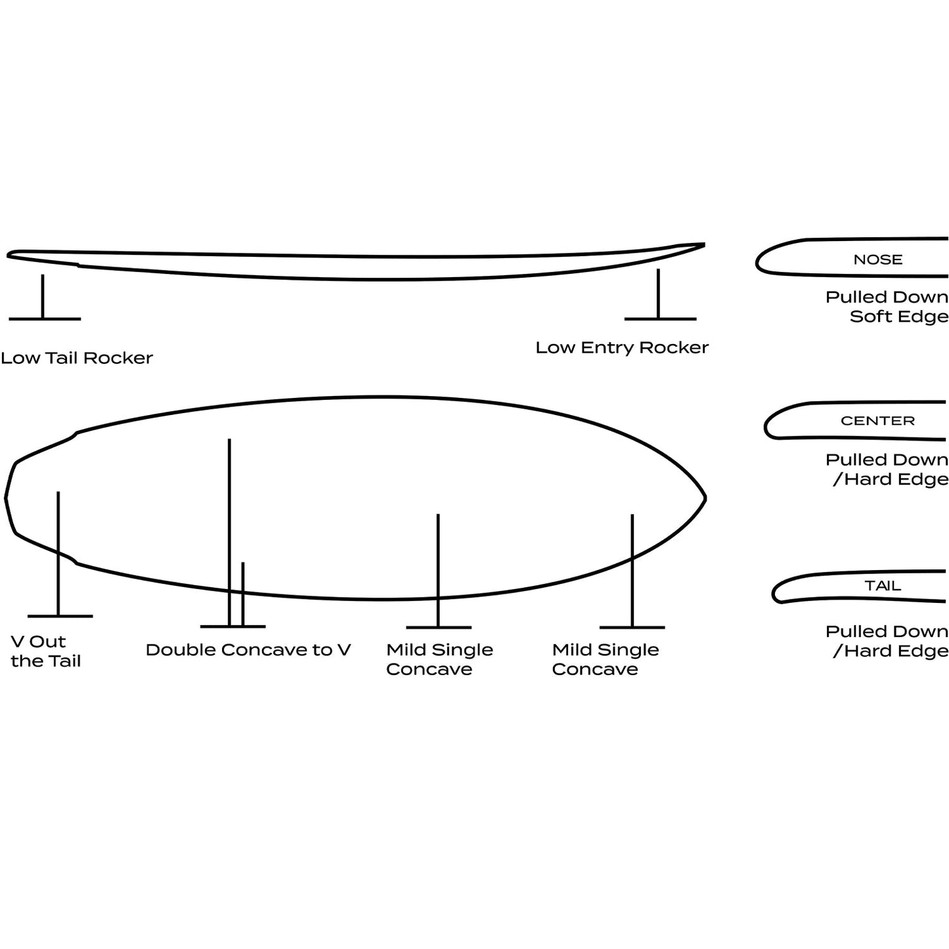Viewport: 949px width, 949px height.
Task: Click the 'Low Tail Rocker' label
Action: click(77, 358)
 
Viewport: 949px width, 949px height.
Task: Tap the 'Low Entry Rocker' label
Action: click(622, 347)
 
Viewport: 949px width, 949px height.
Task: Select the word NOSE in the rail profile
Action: click(878, 259)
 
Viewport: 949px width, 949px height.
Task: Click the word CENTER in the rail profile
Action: click(877, 420)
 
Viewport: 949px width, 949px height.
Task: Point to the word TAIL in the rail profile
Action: click(883, 586)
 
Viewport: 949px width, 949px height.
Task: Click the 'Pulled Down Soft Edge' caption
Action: click(887, 307)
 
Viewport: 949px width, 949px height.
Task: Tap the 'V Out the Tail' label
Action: click(45, 651)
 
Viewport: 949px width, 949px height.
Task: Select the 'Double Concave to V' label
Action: click(248, 650)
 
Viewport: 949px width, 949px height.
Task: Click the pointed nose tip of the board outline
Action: click(706, 498)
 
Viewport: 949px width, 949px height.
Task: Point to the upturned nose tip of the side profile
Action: click(704, 244)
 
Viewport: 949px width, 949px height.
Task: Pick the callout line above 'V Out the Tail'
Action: click(58, 554)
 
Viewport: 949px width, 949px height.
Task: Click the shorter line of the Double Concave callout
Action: click(243, 594)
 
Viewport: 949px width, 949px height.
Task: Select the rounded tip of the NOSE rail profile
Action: click(757, 263)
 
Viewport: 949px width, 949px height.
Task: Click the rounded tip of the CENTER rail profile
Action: click(766, 426)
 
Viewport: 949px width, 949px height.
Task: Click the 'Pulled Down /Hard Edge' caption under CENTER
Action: click(887, 470)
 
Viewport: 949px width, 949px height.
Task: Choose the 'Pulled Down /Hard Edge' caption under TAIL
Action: click(887, 641)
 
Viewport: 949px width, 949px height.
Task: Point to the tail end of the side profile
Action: click(9, 255)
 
